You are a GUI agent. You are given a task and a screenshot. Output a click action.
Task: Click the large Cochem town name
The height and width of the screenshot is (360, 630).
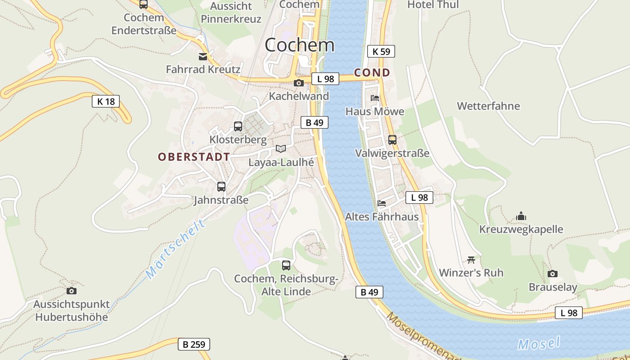coord(300,45)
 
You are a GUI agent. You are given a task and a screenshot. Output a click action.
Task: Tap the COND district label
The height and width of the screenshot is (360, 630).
coord(372,72)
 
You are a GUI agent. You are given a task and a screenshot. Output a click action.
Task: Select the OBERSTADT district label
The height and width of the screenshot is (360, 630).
coord(194,157)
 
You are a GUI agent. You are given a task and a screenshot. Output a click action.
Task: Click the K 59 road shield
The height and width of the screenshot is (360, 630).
coord(381,51)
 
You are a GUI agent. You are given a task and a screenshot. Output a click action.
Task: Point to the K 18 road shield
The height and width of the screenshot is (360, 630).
coord(106,101)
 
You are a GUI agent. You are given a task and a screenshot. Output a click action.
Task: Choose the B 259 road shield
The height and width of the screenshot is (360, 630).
coord(194,345)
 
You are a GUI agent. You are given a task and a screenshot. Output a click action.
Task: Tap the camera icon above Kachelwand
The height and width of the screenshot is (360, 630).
coord(298,83)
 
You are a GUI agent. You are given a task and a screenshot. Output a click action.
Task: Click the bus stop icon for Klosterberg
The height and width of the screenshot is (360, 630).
coord(238,126)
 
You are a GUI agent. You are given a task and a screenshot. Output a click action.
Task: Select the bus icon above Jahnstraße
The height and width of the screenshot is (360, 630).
coord(221,186)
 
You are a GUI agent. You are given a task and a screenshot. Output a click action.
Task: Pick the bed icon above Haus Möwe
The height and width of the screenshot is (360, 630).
coord(375,98)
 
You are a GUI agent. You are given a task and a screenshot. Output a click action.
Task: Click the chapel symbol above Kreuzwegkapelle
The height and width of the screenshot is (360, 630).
coord(521,216)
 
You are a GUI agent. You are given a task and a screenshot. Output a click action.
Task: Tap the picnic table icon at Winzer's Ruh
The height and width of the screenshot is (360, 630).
coord(471,260)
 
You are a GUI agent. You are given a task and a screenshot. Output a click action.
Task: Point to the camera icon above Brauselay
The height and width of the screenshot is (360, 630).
coord(553,274)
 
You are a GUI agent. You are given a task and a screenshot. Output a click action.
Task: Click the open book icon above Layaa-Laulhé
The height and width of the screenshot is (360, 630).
coord(281,148)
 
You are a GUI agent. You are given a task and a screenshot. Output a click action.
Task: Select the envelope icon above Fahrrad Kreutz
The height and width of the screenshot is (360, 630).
coord(203,56)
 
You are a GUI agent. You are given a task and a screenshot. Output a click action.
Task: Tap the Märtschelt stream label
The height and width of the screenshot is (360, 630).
coord(176,249)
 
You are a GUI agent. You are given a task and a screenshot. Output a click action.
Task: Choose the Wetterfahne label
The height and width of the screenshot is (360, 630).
coord(488,106)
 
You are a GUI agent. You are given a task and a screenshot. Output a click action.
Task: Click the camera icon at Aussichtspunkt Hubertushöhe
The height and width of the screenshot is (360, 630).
coord(72,291)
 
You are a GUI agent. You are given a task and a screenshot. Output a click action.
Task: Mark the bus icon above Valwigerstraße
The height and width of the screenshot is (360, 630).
coord(392,139)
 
